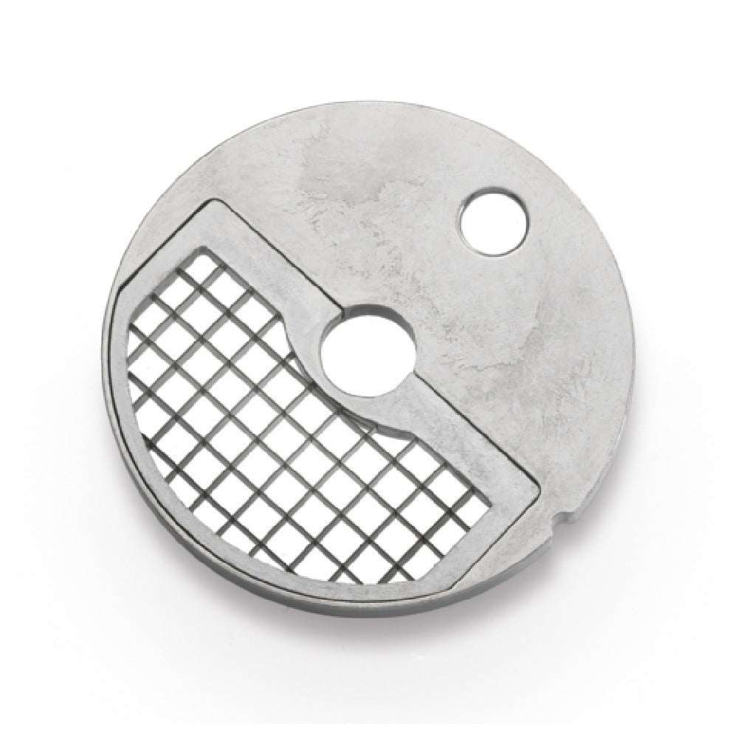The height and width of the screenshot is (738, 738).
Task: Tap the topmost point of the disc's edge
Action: coord(369,106)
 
